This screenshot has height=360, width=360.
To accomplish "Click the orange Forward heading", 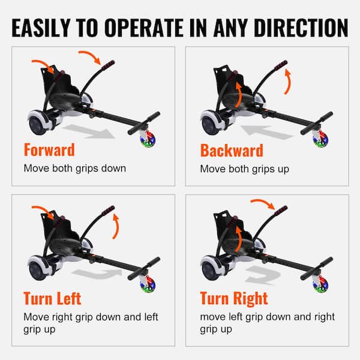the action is pos(49,149).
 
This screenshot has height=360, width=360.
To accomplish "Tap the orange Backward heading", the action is pos(232,151).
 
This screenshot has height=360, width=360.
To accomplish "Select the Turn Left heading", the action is pos(52,298).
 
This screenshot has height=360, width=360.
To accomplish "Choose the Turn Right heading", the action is pos(234,298).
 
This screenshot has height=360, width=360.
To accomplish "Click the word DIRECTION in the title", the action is pos(301,28).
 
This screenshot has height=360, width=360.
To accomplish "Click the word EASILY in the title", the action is pos(41,28).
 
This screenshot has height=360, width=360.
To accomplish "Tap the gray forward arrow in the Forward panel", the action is pos(89,132).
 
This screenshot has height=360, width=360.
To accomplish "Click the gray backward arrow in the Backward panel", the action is pos(266,133).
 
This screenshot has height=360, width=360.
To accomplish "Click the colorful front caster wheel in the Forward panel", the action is pos(148,139).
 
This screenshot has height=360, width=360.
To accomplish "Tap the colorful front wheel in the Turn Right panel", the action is pos(321,285).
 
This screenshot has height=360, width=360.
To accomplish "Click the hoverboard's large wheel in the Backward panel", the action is pos(209,125).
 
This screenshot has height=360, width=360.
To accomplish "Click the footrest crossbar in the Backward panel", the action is pos(317,123).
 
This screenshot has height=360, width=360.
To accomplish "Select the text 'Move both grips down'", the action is pos(75,168).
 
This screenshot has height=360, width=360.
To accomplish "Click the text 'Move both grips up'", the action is pos(245,169).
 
